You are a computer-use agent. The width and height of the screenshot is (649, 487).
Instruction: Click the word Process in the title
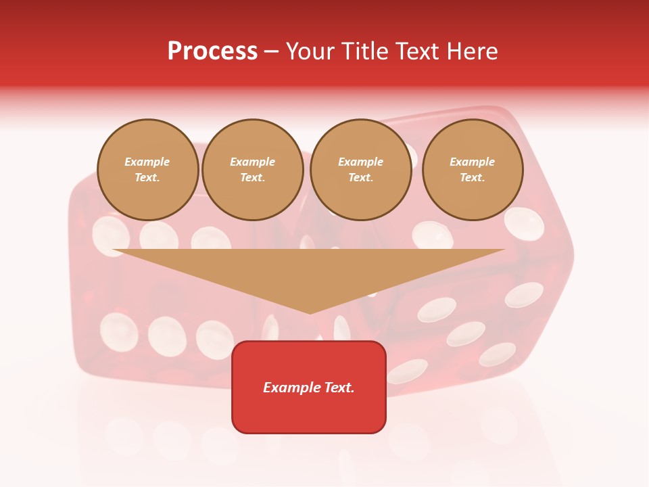coord(212,51)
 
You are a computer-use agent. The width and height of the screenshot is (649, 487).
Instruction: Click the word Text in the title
coord(418,51)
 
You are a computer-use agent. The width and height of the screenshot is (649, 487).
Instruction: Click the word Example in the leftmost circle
coord(147,162)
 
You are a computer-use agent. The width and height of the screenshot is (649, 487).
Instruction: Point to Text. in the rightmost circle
coord(473,178)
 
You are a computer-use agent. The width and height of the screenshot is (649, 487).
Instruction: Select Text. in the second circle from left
coord(253,178)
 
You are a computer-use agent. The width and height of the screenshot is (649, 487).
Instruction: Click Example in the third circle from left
coord(361,162)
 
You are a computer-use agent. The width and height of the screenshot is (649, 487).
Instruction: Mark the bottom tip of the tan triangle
coord(310,312)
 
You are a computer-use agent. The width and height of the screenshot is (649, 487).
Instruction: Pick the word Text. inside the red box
coord(339,388)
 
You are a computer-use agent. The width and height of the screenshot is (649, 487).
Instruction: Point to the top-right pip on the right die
coord(524,223)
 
